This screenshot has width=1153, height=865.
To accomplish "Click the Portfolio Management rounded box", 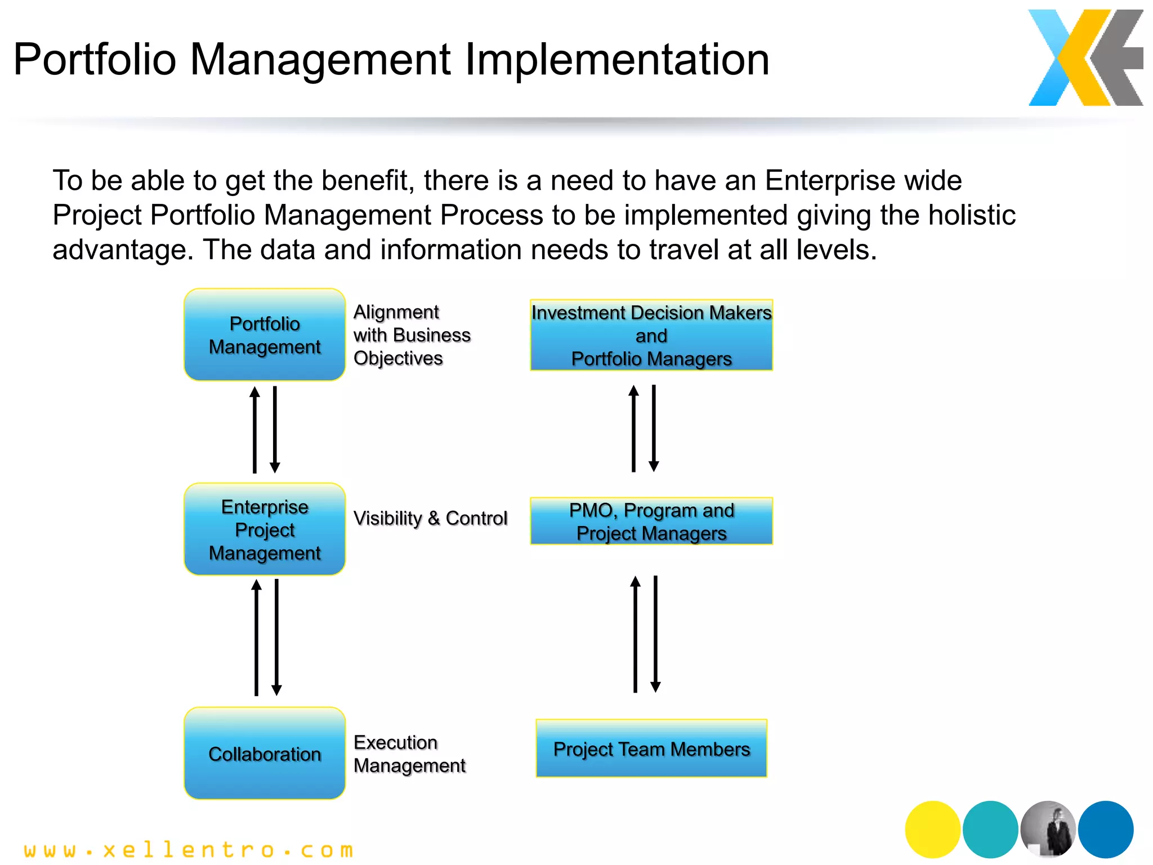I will click(264, 335).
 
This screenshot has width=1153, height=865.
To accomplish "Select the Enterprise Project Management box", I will click(264, 529).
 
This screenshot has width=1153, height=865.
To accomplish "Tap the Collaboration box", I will click(264, 753).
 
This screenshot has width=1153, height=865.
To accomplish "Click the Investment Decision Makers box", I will click(651, 336).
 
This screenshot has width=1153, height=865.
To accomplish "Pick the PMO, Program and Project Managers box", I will click(651, 521).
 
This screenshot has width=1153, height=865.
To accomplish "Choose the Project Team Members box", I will click(651, 749).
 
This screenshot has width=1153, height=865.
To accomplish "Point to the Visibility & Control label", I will click(430, 518).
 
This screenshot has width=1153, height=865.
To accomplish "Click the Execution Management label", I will click(409, 754).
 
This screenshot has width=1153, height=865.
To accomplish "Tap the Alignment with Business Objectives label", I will click(411, 335).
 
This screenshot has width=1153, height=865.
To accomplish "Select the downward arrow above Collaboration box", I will click(276, 637).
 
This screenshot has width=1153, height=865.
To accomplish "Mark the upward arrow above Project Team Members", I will click(635, 634).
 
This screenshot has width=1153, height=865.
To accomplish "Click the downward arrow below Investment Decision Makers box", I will click(654, 428).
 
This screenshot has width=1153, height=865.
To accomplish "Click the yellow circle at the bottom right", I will click(932, 829).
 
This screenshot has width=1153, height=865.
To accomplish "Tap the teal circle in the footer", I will click(990, 829).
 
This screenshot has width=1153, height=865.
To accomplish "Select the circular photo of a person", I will click(1048, 829).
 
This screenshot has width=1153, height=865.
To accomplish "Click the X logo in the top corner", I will click(1085, 58).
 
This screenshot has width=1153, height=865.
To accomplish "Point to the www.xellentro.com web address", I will click(189, 850).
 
